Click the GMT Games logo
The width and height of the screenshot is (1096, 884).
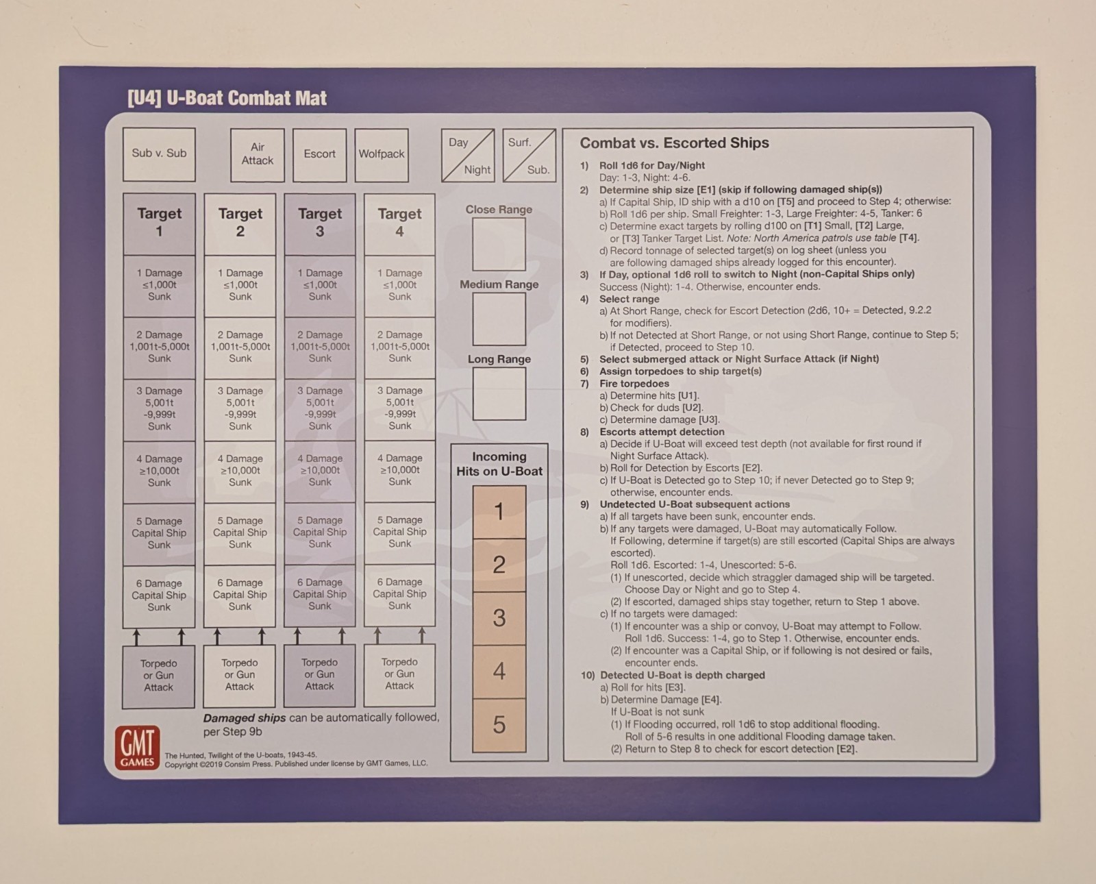pos(138,748)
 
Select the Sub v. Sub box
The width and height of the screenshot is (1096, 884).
pos(159,154)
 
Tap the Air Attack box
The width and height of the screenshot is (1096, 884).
pos(257,155)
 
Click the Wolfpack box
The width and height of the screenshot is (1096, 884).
pos(382,155)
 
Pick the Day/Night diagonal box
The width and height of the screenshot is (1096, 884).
pos(468,156)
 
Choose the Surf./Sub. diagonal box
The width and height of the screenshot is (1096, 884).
pos(529,156)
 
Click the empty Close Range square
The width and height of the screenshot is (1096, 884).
pos(499,245)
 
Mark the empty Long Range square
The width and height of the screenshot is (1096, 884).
pos(499,394)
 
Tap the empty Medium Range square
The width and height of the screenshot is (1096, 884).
pos(499,319)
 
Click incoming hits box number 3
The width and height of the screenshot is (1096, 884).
pos(499,618)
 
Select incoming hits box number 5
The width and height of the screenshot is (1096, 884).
pos(499,725)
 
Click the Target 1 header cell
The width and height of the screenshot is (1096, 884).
pos(159,223)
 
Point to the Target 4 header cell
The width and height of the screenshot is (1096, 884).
pos(399,223)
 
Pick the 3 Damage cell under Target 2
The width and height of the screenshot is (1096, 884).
pos(240,409)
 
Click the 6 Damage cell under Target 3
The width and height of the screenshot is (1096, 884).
pos(319,595)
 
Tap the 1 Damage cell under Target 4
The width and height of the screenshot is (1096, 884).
pos(399,285)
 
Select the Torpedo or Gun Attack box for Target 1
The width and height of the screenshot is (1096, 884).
pos(158,676)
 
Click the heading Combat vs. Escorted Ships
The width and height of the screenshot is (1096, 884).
pos(674,143)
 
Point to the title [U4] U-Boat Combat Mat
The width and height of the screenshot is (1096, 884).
pos(227,98)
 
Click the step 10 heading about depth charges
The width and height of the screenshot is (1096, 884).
pos(673,675)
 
